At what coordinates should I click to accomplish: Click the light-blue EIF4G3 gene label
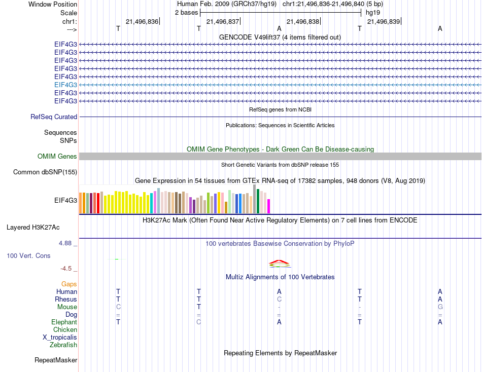pos(65,85)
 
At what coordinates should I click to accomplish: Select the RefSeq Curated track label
pos(54,117)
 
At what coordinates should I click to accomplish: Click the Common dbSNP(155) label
pos(45,172)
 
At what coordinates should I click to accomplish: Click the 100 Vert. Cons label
pos(28,256)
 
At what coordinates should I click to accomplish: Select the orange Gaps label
pos(69,284)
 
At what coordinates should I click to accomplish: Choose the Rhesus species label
pos(66,300)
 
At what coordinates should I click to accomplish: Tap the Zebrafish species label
pos(63,345)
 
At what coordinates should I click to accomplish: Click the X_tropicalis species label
pos(60,338)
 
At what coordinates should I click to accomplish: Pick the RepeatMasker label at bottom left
pos(56,360)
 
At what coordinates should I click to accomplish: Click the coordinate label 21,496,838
pos(303,21)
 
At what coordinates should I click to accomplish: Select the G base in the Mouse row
pos(440,307)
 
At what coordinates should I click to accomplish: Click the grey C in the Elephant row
pos(199,322)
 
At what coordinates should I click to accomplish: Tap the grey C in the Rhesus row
pos(279,300)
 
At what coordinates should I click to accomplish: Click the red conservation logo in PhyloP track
pos(279,263)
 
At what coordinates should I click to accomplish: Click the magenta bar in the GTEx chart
pos(268,206)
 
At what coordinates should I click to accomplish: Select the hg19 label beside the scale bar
pos(373,12)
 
